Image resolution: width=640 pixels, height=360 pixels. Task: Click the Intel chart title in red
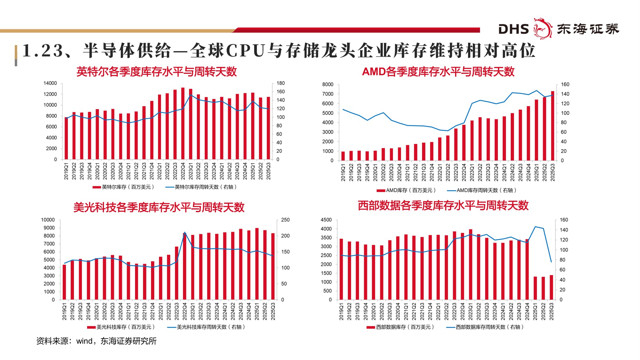tap(156, 72)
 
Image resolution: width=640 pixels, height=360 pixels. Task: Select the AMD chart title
tap(438, 72)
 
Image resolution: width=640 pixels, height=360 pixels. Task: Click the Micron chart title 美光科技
tap(159, 207)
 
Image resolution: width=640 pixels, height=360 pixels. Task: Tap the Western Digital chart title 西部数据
tap(443, 205)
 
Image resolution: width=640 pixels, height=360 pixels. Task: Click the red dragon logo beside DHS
tap(543, 28)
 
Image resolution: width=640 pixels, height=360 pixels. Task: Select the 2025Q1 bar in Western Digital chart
tap(535, 288)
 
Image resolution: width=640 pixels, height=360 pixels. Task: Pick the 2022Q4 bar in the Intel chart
tap(183, 124)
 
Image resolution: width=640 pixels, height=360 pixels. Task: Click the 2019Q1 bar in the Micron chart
tap(64, 282)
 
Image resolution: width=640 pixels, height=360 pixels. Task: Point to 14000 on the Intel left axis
tap(50, 83)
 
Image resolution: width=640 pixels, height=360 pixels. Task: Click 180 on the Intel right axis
tap(281, 83)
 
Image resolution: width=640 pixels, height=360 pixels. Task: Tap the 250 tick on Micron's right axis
tap(285, 220)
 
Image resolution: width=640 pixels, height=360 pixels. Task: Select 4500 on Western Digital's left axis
tap(326, 220)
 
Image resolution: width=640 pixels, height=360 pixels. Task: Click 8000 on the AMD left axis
tap(328, 84)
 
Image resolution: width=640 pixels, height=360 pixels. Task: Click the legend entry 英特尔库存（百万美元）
tap(124, 187)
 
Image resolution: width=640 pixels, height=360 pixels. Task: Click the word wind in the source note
tap(84, 341)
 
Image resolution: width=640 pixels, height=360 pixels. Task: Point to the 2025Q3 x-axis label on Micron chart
tap(273, 312)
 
